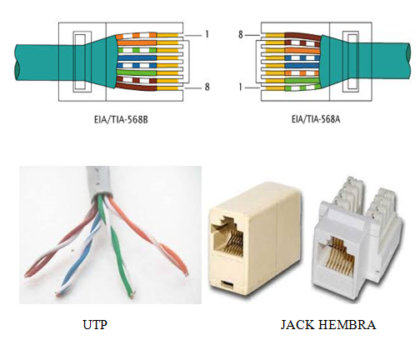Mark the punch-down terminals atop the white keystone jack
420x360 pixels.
click(350, 196)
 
